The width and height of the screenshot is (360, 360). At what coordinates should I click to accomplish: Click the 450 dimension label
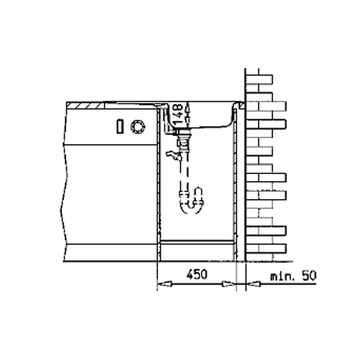(x=197, y=274)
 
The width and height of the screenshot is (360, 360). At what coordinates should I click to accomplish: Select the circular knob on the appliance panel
(x=138, y=126)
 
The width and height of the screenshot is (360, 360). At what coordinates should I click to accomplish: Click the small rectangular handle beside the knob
(x=120, y=126)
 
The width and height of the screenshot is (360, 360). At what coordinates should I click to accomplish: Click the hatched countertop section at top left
(x=85, y=106)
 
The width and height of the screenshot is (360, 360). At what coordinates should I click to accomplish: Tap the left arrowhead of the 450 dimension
(x=165, y=284)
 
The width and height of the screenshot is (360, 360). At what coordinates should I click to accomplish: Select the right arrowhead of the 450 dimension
(x=229, y=284)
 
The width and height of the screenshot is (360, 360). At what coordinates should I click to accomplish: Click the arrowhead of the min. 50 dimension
(x=253, y=284)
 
